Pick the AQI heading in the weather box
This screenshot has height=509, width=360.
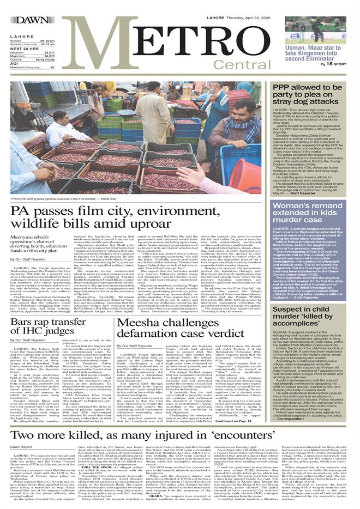(15, 63)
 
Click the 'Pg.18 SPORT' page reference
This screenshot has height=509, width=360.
(333, 64)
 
